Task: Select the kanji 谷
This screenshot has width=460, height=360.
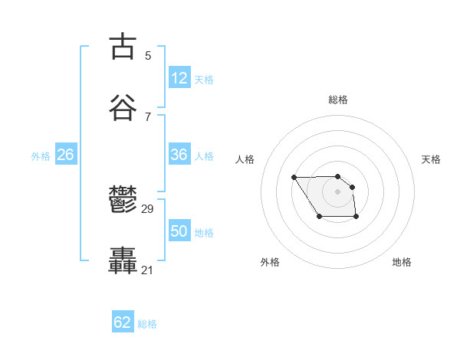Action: point(123,107)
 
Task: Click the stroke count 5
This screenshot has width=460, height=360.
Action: point(148,55)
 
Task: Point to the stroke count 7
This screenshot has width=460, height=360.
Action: point(148,116)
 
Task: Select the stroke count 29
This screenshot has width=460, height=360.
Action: point(148,209)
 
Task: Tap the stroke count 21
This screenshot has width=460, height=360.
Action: point(148,270)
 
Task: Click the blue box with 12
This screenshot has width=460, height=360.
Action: point(179,78)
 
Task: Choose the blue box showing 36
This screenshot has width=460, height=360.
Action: point(179,155)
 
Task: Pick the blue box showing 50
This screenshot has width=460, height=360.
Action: point(179,231)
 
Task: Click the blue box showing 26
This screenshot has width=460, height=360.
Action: point(65,155)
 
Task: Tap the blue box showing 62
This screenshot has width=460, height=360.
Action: point(123,322)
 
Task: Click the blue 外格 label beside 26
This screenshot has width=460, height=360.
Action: point(41,156)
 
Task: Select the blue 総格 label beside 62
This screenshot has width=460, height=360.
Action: point(147,324)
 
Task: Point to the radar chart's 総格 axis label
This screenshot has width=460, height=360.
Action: point(338,100)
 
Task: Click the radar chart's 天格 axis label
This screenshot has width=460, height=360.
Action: point(432,159)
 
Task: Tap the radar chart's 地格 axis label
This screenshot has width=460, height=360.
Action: point(402,263)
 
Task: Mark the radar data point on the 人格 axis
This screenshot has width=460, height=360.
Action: point(294,177)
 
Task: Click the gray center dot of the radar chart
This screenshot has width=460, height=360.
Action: point(338,191)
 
